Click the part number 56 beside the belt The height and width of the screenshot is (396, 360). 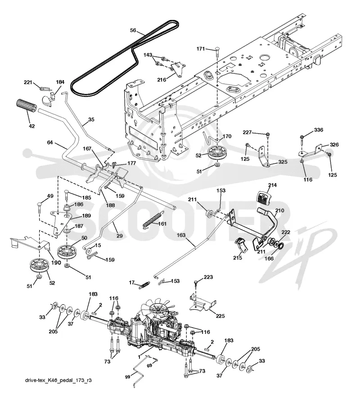[133, 30]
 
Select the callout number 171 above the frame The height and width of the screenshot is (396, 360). [201, 49]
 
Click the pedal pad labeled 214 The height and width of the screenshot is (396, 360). [264, 197]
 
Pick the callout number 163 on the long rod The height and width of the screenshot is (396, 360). [181, 235]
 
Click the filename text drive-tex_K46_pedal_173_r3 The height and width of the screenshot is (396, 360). [58, 381]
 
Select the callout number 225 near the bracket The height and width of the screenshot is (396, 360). [220, 316]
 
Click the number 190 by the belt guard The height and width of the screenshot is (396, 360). [56, 263]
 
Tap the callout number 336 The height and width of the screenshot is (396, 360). [318, 130]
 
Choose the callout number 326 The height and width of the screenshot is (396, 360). [334, 145]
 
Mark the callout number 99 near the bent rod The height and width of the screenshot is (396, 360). [128, 377]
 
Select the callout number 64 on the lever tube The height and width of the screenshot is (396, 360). [50, 143]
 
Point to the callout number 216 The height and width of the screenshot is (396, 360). [162, 80]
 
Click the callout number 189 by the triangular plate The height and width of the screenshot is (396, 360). [86, 216]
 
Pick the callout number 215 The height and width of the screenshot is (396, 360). [238, 257]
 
